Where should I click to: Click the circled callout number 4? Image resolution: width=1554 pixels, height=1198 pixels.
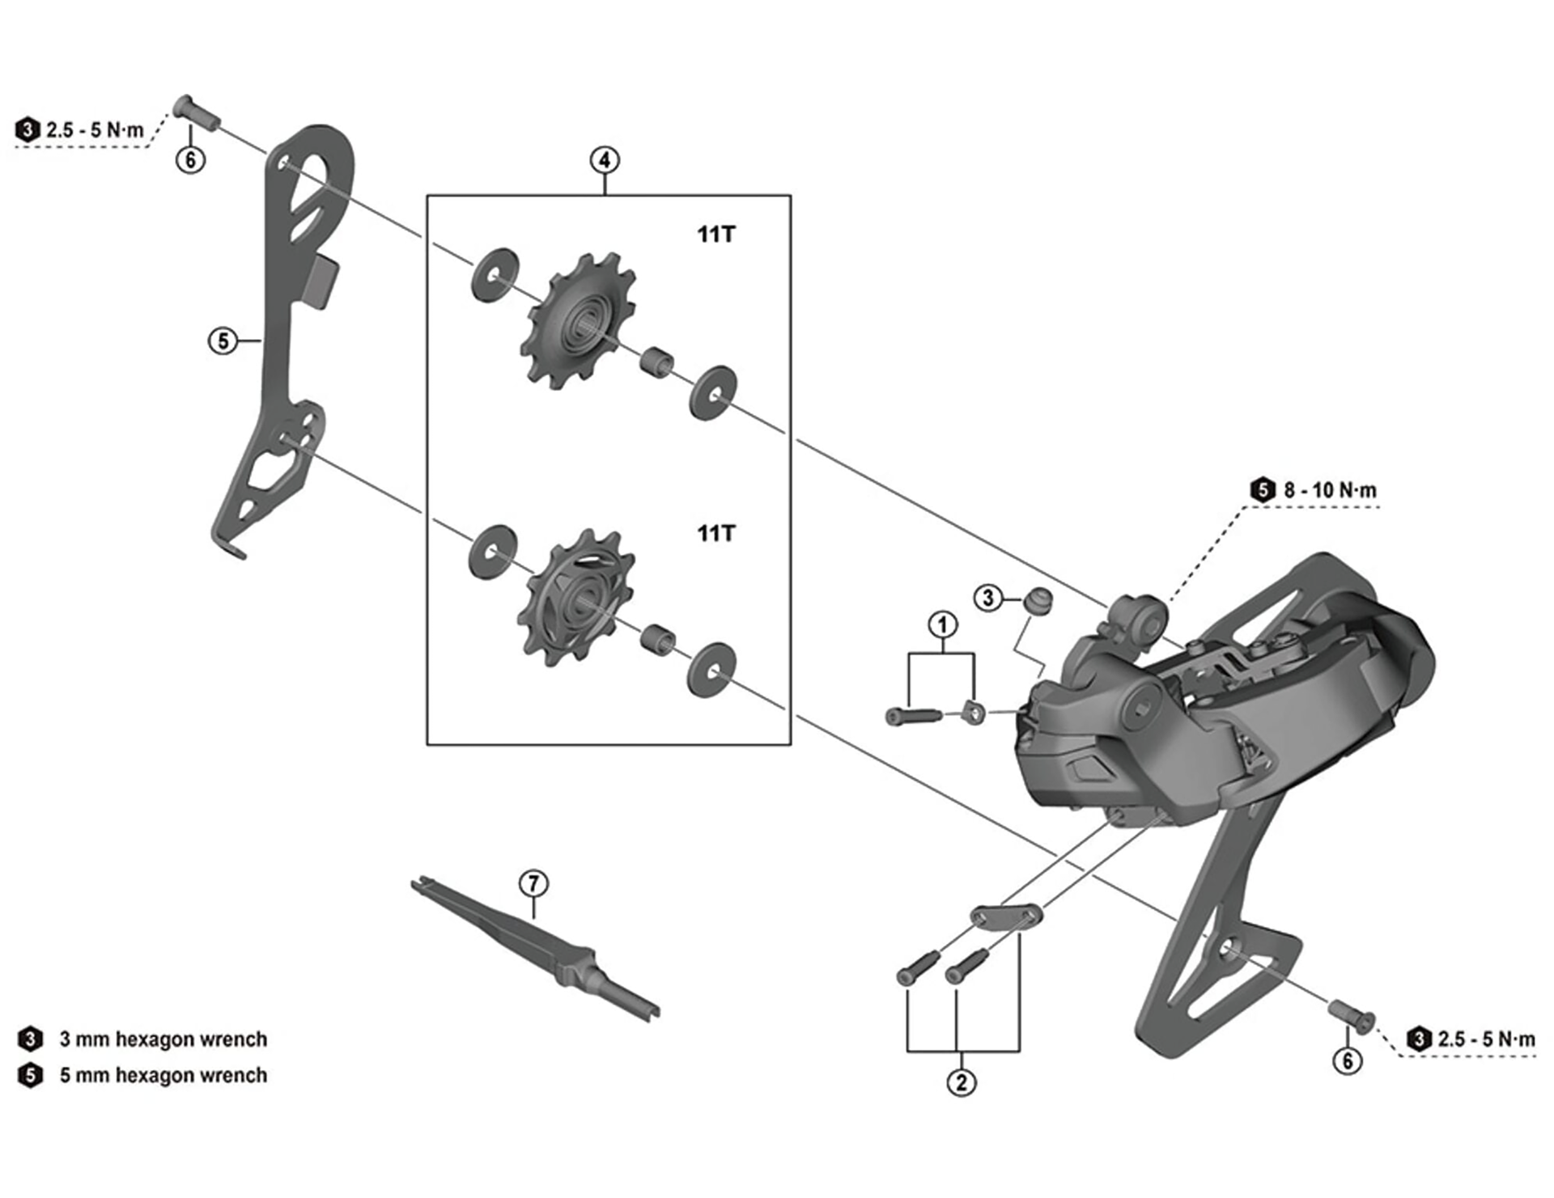[x=605, y=160]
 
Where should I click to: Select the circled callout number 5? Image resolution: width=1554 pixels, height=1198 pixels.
[x=223, y=341]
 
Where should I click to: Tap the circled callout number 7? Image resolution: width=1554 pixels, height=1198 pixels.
[x=533, y=883]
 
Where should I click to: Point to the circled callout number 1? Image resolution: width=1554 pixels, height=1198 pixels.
[x=942, y=624]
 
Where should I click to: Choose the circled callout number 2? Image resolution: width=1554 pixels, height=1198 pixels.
[x=962, y=1082]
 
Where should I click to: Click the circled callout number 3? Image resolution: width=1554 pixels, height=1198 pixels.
[x=987, y=599]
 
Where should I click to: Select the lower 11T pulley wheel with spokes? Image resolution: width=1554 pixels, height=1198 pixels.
[x=575, y=599]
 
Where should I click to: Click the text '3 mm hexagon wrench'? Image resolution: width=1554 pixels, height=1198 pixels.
[x=163, y=1039]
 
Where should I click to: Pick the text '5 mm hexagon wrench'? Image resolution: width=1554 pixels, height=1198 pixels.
[x=163, y=1075]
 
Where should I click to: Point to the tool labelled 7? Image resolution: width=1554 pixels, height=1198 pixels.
[x=534, y=948]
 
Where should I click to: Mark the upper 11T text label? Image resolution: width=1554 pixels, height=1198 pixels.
[x=716, y=235]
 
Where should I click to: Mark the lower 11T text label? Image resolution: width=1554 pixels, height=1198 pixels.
[x=716, y=533]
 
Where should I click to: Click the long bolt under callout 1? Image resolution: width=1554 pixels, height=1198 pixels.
[x=914, y=716]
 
